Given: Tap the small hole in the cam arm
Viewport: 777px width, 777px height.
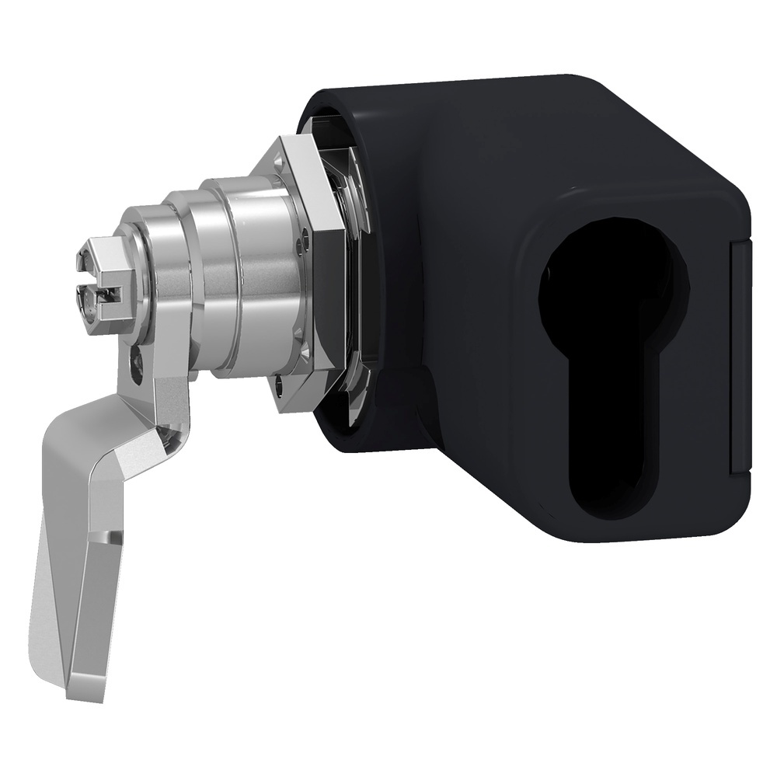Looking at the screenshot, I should [138, 361].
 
